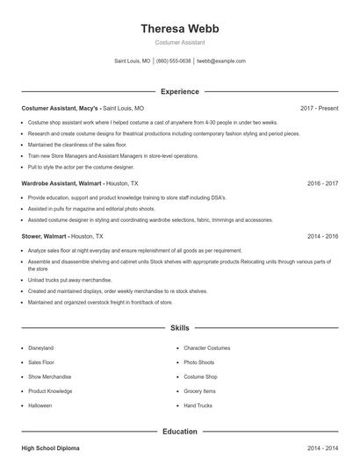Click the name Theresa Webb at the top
click(x=180, y=28)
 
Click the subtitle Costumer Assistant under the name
click(x=180, y=42)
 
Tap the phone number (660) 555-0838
click(x=173, y=61)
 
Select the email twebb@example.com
click(x=221, y=61)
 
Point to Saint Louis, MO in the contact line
click(x=133, y=61)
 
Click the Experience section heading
click(x=180, y=91)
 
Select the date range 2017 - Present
click(x=319, y=108)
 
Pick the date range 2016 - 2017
click(x=322, y=183)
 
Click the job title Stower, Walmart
click(x=45, y=236)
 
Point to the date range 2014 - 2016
click(x=322, y=236)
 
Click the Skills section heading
click(x=180, y=327)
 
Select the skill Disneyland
click(x=41, y=347)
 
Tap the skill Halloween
click(x=40, y=405)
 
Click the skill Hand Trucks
click(x=198, y=405)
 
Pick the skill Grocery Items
click(x=199, y=390)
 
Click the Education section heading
click(x=180, y=432)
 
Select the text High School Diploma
click(x=50, y=448)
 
